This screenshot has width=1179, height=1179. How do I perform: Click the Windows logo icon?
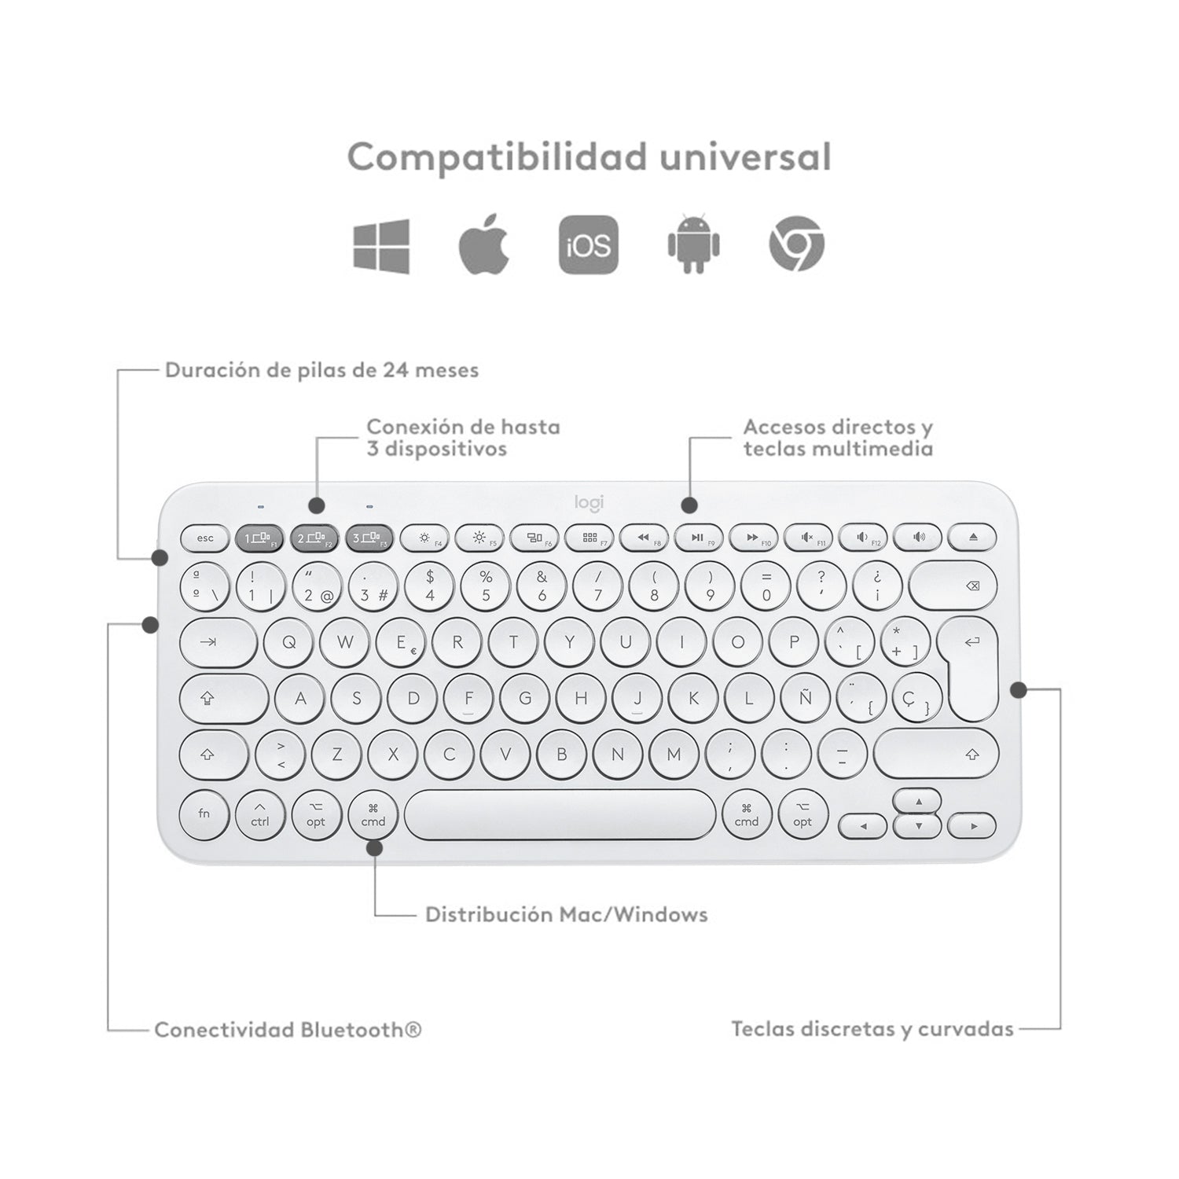[x=381, y=246]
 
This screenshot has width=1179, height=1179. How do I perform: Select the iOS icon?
[x=589, y=245]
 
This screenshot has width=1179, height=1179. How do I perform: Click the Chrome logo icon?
[x=796, y=245]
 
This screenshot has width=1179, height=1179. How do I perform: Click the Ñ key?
[x=805, y=697]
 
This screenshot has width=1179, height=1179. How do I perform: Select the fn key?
[x=204, y=814]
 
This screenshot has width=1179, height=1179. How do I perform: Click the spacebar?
[x=560, y=814]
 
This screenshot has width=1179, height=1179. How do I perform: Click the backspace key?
[x=953, y=586]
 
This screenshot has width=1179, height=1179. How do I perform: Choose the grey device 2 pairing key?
[x=314, y=538]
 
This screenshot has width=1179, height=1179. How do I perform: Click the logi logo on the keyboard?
[x=589, y=503]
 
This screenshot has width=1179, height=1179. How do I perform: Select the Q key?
[x=289, y=641]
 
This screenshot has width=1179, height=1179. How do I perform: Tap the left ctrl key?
[x=260, y=814]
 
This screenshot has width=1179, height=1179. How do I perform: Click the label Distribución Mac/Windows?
[x=567, y=914]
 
